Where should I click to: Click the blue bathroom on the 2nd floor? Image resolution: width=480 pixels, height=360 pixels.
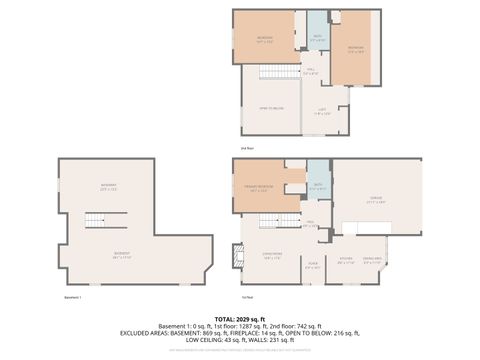[x=316, y=37]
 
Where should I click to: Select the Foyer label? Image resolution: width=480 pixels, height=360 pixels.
[x=313, y=265]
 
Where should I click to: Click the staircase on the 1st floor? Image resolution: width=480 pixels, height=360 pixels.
[x=288, y=221]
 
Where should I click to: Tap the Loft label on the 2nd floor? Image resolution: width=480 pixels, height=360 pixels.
[x=322, y=112]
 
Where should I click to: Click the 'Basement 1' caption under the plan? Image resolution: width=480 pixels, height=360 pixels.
[x=73, y=297]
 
